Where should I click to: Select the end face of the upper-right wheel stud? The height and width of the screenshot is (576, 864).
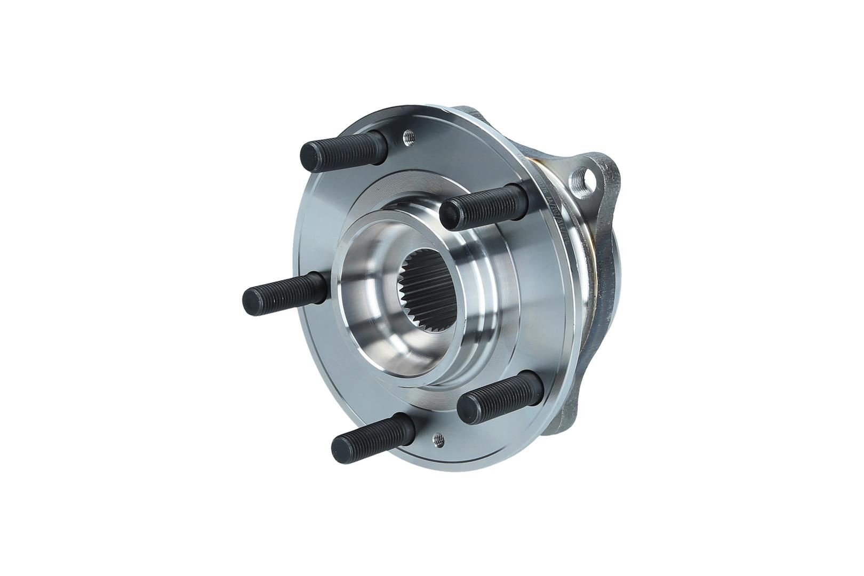(450, 210)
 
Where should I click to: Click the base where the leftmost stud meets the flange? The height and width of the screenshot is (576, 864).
(319, 287)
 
